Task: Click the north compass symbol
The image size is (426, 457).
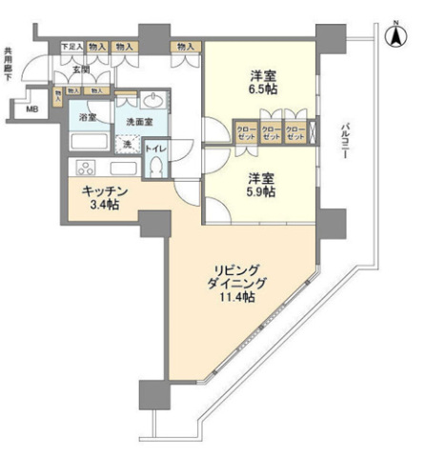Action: (392, 35)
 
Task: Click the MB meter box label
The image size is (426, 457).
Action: (32, 109)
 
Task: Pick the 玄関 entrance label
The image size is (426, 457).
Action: (79, 70)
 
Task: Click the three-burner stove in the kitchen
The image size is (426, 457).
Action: (83, 169)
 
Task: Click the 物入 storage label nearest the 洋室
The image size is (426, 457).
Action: (186, 46)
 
